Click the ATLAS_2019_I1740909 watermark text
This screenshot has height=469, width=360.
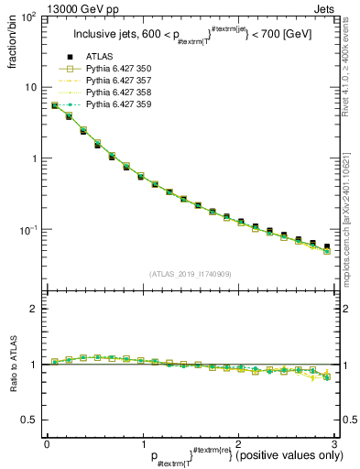190,273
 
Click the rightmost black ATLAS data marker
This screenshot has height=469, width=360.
327,246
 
